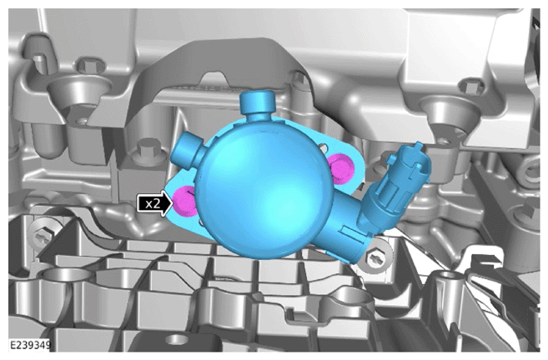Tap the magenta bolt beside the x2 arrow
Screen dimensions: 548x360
point(185,201)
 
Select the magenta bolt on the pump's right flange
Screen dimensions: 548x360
point(340,168)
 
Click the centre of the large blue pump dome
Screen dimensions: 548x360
point(264,187)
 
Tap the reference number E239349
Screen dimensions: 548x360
point(30,345)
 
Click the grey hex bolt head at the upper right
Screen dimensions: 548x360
point(471,87)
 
